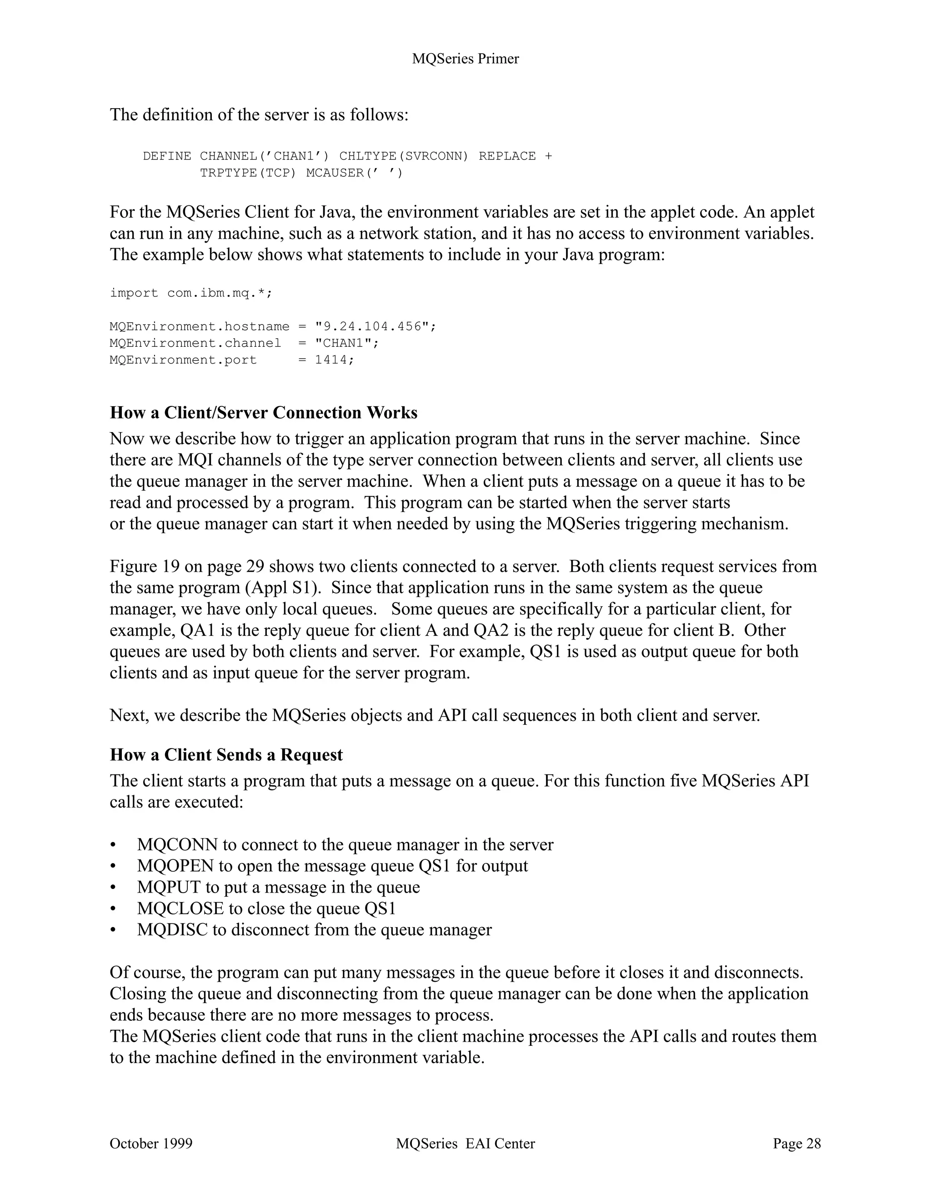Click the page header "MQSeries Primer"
(x=465, y=59)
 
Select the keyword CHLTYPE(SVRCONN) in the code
(x=403, y=156)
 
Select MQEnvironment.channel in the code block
(x=195, y=343)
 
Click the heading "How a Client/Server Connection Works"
(x=263, y=413)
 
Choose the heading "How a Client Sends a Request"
(x=226, y=754)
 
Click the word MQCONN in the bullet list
(x=177, y=844)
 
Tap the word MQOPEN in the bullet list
(x=175, y=866)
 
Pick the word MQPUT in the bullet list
(x=169, y=888)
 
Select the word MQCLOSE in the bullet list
(x=180, y=909)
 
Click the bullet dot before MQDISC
(x=113, y=930)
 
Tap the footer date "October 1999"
(x=151, y=1143)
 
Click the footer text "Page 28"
(x=796, y=1143)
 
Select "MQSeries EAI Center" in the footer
(x=465, y=1143)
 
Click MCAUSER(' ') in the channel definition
(x=354, y=173)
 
